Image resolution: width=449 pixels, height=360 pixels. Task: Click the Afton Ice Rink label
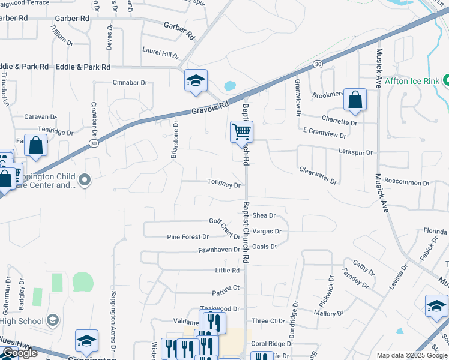(412, 80)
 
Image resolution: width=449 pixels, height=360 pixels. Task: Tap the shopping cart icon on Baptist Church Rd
(241, 131)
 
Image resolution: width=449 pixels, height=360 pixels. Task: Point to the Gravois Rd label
(211, 108)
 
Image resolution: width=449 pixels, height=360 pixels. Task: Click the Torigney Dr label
(224, 184)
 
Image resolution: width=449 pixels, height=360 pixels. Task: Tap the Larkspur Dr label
(355, 152)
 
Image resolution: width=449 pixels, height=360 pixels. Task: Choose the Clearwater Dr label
(318, 175)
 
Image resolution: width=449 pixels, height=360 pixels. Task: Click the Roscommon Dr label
(407, 183)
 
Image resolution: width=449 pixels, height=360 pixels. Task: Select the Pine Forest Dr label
(187, 237)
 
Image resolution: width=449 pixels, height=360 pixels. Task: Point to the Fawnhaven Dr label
(220, 249)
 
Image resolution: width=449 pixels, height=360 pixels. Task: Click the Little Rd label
(228, 271)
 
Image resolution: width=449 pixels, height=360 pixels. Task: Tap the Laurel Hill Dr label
(160, 53)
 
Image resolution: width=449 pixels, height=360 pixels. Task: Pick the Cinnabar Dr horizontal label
(130, 82)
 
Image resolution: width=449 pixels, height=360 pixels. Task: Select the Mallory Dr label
(328, 313)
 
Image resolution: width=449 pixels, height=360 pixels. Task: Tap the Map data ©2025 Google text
(411, 355)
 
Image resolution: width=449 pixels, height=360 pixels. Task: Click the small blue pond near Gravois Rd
(229, 86)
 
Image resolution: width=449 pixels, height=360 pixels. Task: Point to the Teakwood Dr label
(220, 308)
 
